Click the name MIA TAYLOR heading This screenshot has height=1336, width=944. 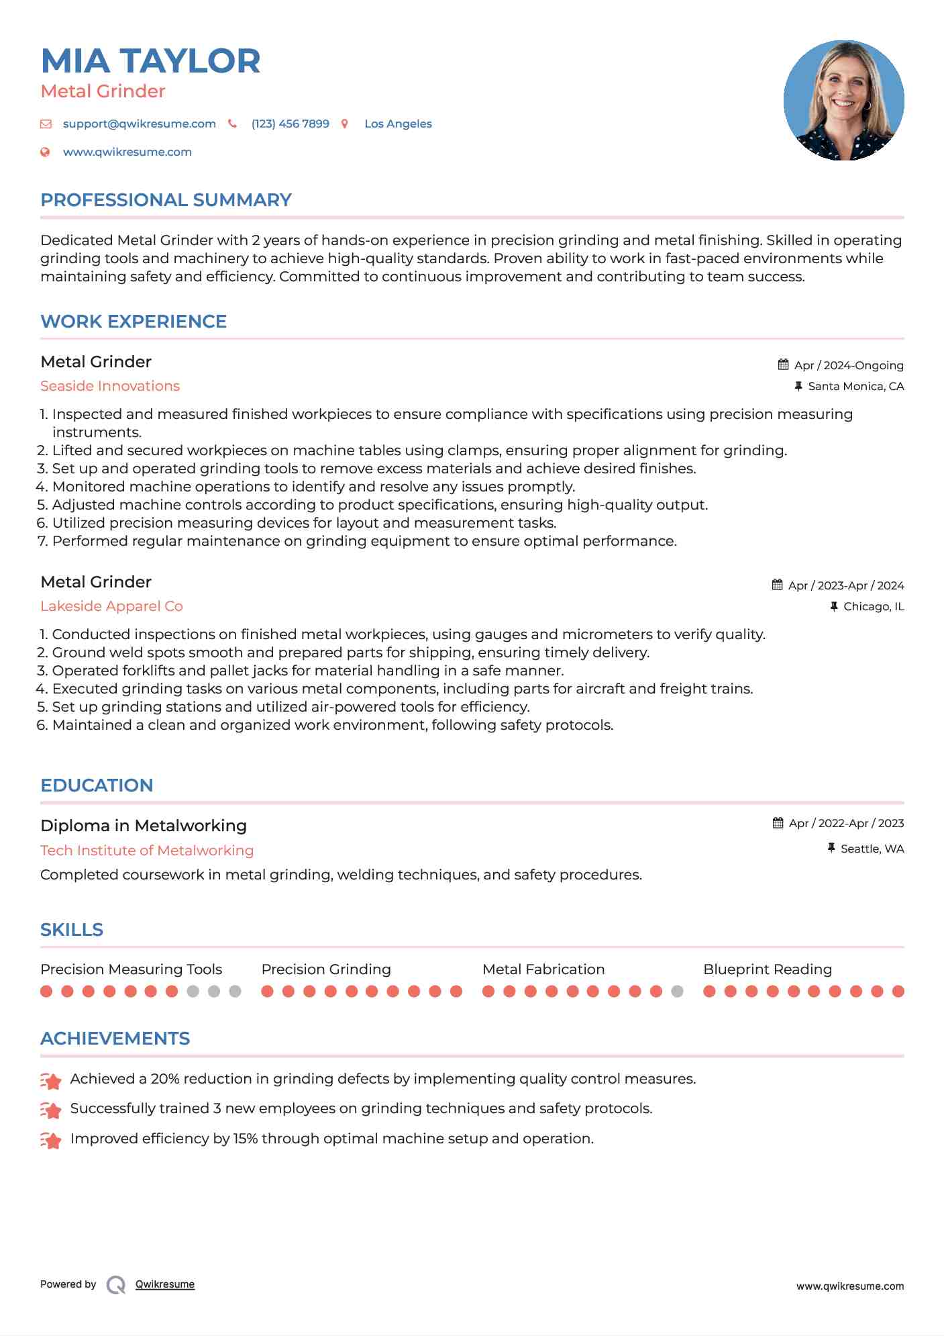pos(150,61)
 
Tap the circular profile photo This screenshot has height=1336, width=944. pos(843,101)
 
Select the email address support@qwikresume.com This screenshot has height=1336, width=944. pos(139,124)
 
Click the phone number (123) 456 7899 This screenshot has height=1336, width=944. pos(290,124)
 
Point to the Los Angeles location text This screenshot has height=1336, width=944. pos(398,124)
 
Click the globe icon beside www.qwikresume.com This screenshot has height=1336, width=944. pos(45,152)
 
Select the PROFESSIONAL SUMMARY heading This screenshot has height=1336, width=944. pos(166,200)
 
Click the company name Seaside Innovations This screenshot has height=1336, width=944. pos(110,386)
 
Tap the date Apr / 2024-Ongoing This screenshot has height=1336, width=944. pos(848,365)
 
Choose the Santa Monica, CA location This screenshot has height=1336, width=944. pos(855,386)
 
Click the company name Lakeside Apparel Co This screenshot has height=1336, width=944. pos(111,606)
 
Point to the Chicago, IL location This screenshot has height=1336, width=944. pos(873,606)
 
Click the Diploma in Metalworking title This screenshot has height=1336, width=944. pos(144,826)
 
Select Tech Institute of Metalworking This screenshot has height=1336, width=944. pos(147,851)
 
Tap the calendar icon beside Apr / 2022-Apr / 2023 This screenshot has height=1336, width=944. pos(778,823)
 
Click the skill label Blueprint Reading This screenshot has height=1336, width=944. pos(767,969)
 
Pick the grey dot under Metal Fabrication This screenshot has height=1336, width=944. pos(677,992)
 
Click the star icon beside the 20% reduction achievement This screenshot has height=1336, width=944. pos(51,1081)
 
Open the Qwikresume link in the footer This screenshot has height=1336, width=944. pos(165,1284)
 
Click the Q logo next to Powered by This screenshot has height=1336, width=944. pos(116,1285)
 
